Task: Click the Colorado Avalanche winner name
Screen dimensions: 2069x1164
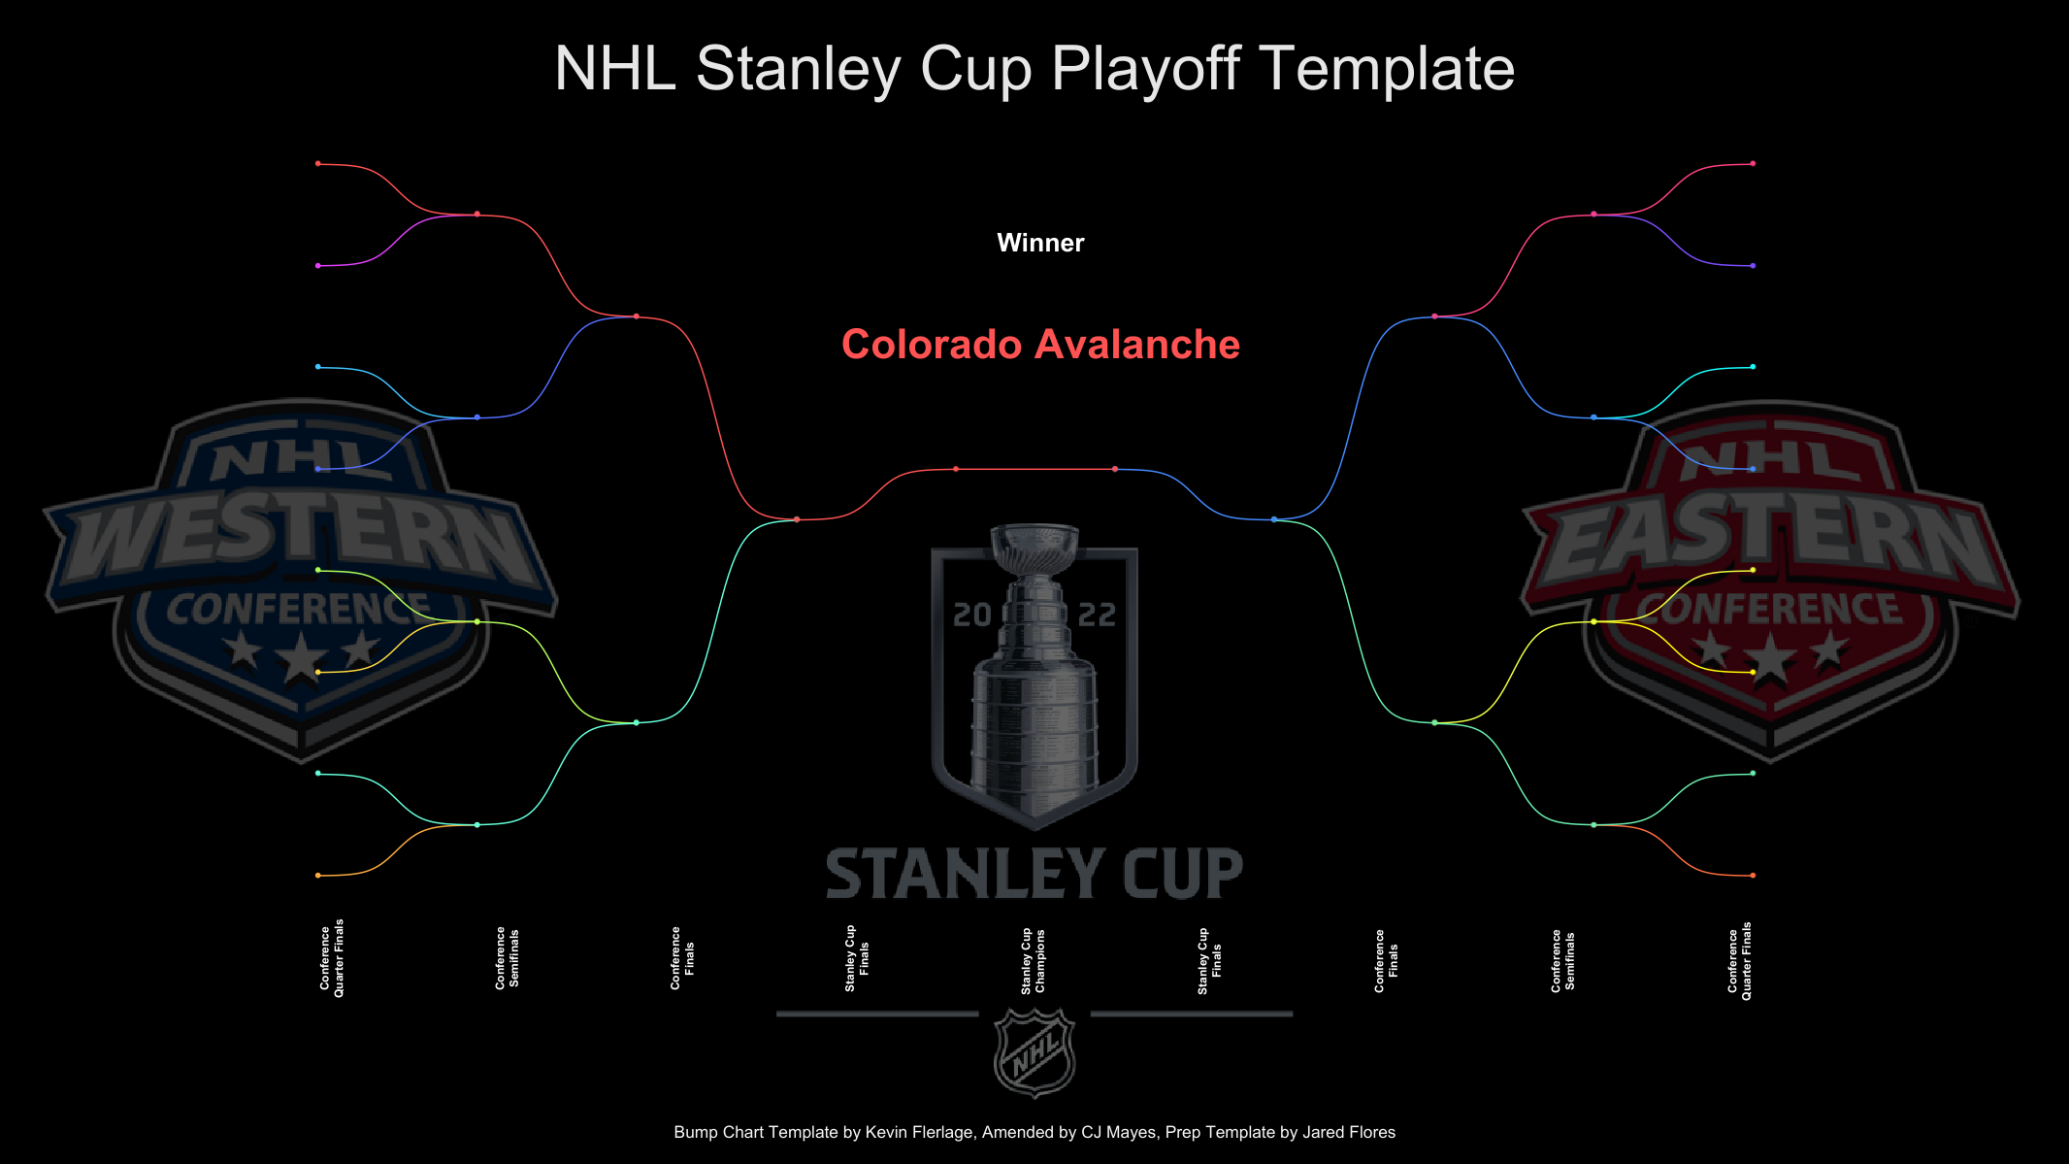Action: pyautogui.click(x=1040, y=345)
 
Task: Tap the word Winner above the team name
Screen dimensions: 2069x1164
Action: pyautogui.click(x=1040, y=243)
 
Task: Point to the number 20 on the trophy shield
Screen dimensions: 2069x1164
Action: pyautogui.click(x=971, y=615)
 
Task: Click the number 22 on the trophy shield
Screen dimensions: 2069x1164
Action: pyautogui.click(x=1098, y=615)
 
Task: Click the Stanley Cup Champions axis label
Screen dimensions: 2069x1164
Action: pyautogui.click(x=1033, y=961)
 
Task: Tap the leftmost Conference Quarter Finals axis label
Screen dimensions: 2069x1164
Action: pyautogui.click(x=332, y=958)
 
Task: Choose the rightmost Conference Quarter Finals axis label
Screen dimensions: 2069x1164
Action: pyautogui.click(x=1739, y=961)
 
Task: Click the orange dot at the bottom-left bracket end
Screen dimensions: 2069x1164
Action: pyautogui.click(x=318, y=876)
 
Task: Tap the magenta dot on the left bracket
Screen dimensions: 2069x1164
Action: pyautogui.click(x=318, y=266)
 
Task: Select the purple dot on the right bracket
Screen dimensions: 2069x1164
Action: pyautogui.click(x=1753, y=266)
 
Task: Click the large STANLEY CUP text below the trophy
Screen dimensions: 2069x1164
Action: pyautogui.click(x=1034, y=874)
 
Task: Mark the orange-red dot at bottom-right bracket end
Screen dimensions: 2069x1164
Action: pyautogui.click(x=1753, y=876)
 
